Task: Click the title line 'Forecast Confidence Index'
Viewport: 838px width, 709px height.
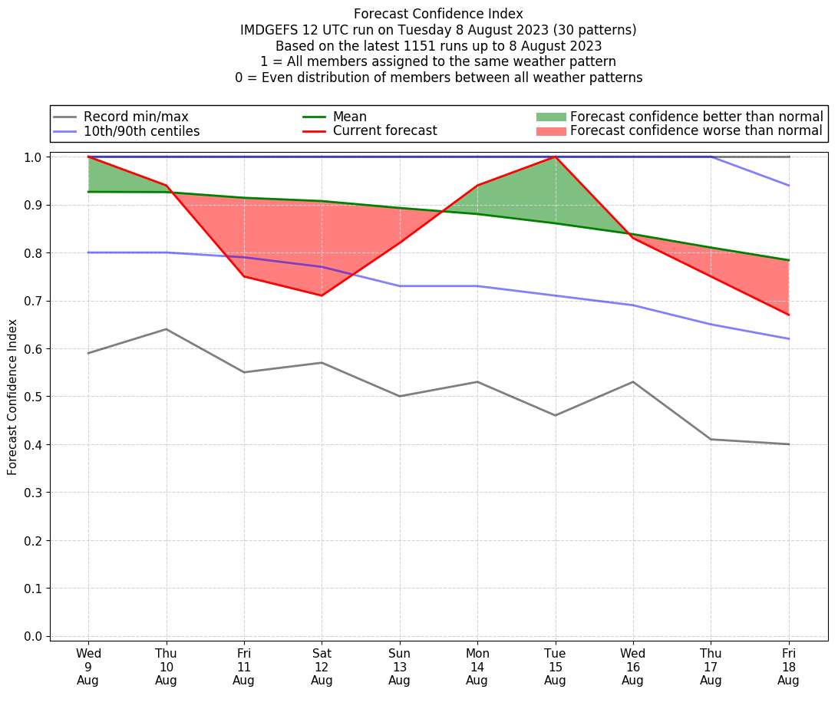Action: [438, 14]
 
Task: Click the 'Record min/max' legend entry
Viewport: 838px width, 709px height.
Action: [136, 117]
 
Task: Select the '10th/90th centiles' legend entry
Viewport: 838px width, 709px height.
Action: [141, 131]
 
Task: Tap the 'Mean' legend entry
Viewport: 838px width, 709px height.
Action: [349, 117]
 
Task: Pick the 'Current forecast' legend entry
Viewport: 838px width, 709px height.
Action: [384, 131]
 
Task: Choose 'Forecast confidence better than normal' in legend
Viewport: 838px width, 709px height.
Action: [696, 117]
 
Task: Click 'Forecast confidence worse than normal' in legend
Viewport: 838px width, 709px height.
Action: [696, 131]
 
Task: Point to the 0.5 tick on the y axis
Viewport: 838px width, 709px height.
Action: [36, 397]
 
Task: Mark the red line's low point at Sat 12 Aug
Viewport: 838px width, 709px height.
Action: [322, 295]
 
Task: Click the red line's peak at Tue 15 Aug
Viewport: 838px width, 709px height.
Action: [555, 157]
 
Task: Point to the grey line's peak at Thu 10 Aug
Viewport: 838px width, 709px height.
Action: [166, 329]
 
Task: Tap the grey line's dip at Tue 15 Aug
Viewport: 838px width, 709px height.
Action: [555, 415]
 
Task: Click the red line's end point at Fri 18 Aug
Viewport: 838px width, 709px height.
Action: [788, 315]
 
